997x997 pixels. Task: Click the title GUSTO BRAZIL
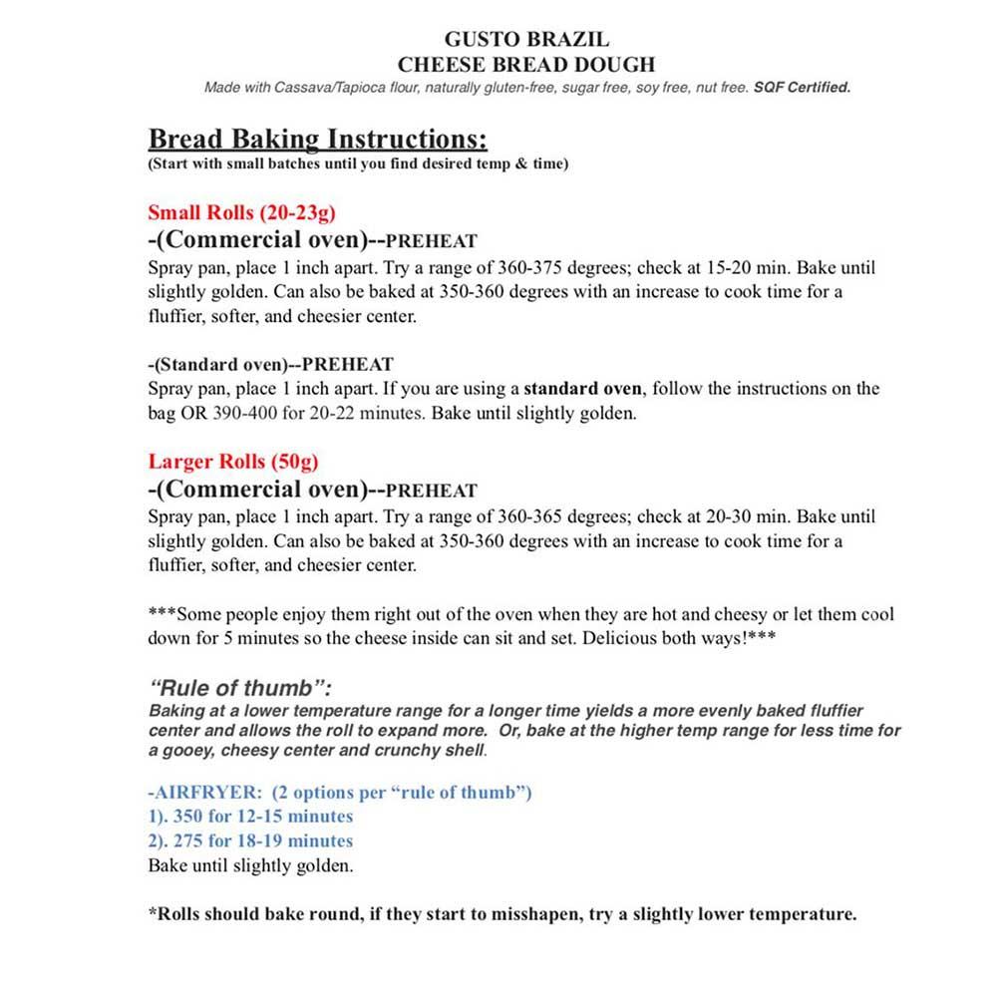point(525,41)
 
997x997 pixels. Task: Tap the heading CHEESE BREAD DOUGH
point(525,65)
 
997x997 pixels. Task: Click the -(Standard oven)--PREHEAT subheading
point(270,364)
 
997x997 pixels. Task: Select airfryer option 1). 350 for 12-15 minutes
point(250,817)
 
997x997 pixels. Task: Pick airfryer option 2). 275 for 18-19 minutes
point(250,840)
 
